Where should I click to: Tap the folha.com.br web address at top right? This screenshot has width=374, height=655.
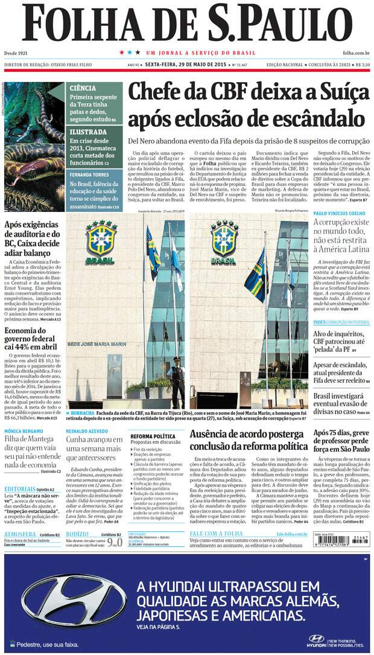click(x=356, y=53)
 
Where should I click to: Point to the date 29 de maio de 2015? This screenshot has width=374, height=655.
click(x=190, y=64)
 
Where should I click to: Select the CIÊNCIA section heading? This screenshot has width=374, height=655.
click(x=83, y=88)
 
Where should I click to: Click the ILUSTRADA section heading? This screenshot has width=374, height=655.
click(x=88, y=132)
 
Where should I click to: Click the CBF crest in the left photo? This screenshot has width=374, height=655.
click(x=101, y=239)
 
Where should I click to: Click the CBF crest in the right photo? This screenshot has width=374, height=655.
click(x=225, y=239)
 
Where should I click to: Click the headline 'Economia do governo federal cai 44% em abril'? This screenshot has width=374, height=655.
click(x=32, y=339)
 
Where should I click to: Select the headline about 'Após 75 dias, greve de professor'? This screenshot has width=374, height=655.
click(x=340, y=442)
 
